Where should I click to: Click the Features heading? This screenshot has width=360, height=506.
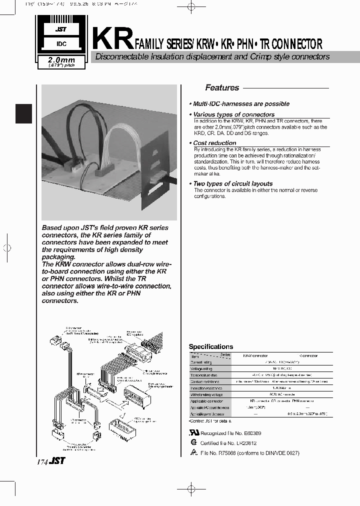click(x=222, y=88)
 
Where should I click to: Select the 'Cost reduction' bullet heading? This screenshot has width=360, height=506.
click(x=215, y=143)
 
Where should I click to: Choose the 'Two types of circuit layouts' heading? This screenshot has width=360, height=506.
click(x=233, y=183)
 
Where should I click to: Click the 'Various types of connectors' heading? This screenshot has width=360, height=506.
click(x=233, y=114)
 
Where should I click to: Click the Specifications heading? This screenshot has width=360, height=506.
click(x=210, y=346)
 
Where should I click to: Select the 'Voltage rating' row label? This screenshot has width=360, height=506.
click(x=201, y=368)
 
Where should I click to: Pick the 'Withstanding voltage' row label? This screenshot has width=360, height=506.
click(x=205, y=394)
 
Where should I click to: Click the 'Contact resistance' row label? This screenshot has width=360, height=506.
click(x=203, y=381)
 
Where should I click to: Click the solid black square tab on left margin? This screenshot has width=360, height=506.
click(x=23, y=113)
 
